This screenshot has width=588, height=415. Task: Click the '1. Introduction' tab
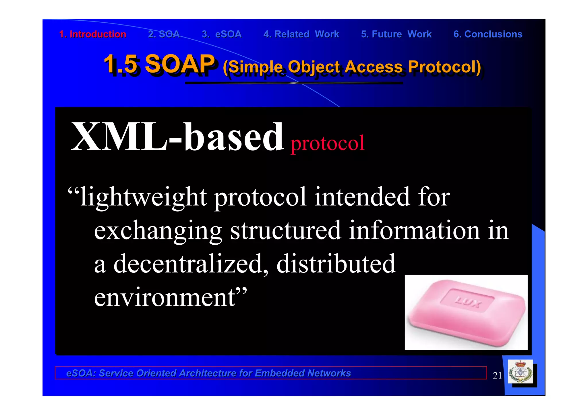[x=92, y=34]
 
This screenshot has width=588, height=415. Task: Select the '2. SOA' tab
[x=164, y=34]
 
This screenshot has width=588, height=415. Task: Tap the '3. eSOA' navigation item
[x=222, y=34]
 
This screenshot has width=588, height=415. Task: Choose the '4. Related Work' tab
[x=301, y=34]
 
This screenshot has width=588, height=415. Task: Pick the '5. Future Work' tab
[x=396, y=34]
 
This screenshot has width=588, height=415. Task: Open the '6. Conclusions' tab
[x=488, y=34]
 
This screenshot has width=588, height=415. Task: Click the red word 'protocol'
[x=327, y=143]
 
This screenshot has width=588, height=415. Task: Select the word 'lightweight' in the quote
[x=143, y=197]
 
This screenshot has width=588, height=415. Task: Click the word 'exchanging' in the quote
[x=158, y=231]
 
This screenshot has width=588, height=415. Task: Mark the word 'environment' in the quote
[x=165, y=297]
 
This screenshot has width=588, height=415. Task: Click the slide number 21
[x=497, y=375]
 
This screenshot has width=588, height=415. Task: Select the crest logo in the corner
[x=520, y=372]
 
